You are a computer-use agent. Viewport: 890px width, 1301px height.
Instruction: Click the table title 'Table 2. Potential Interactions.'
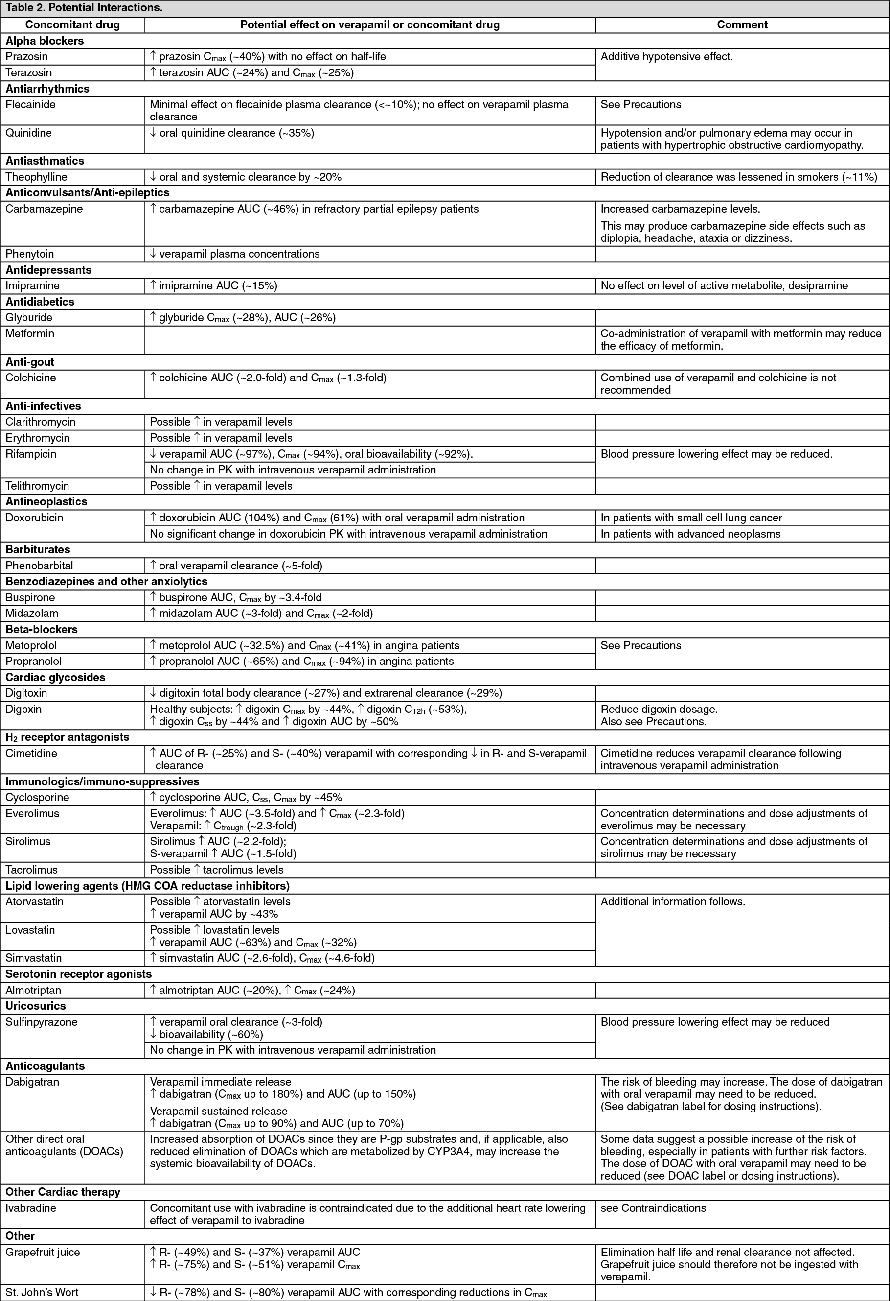click(x=84, y=8)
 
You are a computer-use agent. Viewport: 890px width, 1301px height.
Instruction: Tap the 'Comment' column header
click(x=742, y=24)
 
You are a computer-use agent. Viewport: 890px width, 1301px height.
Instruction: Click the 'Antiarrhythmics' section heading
click(x=47, y=89)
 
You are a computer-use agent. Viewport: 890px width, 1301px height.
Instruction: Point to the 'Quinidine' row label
click(x=27, y=133)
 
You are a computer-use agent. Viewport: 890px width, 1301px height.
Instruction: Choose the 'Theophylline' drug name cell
click(x=36, y=177)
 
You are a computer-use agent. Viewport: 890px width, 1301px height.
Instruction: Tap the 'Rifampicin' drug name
click(x=31, y=453)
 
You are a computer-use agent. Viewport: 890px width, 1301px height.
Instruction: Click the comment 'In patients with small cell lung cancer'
click(x=691, y=517)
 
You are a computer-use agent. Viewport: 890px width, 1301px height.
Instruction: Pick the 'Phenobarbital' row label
click(x=39, y=566)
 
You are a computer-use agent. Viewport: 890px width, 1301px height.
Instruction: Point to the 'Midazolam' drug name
click(x=32, y=613)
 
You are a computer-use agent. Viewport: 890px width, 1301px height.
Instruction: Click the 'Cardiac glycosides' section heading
click(x=55, y=677)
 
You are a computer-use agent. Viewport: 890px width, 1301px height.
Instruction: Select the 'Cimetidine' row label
click(x=31, y=753)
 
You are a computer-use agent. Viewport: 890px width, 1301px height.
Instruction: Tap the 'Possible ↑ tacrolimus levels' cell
click(x=216, y=870)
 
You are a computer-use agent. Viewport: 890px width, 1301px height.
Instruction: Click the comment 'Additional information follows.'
click(x=673, y=901)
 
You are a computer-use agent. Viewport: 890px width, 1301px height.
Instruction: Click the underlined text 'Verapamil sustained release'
click(x=219, y=1111)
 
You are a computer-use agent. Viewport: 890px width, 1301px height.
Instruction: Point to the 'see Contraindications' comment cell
click(x=653, y=1207)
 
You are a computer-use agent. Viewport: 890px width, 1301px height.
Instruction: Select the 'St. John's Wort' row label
click(x=42, y=1292)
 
